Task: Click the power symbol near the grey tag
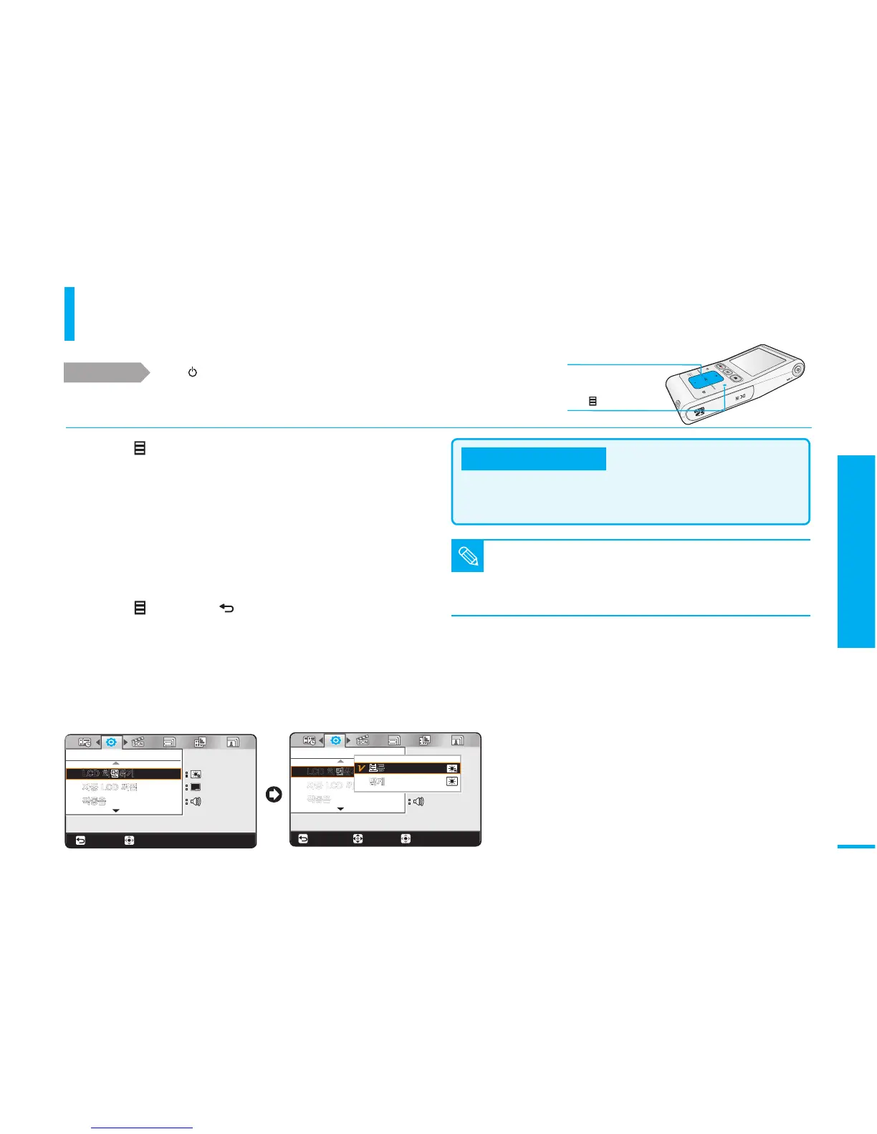coord(192,373)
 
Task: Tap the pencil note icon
coord(467,556)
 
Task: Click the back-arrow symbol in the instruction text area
coord(226,609)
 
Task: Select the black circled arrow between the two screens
coord(273,795)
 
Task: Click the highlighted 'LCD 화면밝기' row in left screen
coord(123,774)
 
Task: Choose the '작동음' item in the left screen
coord(94,801)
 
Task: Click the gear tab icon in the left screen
coord(111,742)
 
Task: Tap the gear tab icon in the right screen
coord(335,740)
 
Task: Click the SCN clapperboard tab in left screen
coord(138,742)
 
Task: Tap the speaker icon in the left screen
coord(196,801)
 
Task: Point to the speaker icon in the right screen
coord(418,801)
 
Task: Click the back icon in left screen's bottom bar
coord(80,840)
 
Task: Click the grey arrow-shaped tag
coord(106,373)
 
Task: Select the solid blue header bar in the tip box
coord(533,459)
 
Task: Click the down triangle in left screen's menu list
coord(116,811)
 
